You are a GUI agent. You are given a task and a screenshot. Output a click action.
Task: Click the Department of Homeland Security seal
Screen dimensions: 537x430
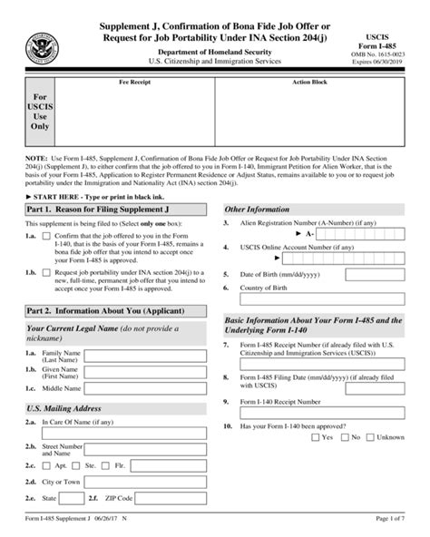point(42,45)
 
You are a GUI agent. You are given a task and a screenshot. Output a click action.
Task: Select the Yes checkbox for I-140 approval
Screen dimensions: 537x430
point(315,437)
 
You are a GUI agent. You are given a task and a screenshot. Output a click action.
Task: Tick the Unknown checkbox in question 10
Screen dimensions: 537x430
point(370,437)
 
